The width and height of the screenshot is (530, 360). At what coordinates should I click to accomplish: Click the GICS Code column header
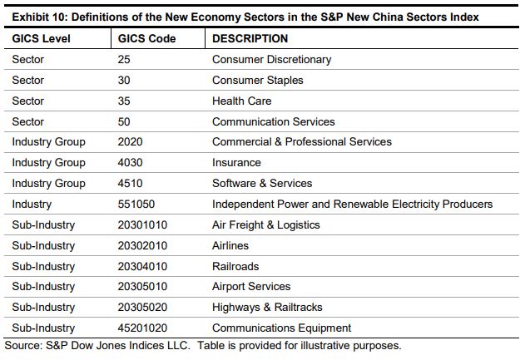click(x=147, y=39)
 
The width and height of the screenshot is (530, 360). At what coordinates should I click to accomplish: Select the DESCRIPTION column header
click(x=250, y=39)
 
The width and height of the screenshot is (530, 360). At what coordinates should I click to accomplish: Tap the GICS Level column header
click(x=42, y=39)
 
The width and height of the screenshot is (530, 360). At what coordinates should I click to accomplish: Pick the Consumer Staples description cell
click(x=258, y=81)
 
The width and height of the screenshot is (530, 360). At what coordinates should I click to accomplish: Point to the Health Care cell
click(x=241, y=101)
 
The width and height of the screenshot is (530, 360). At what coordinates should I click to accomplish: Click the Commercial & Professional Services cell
click(x=302, y=141)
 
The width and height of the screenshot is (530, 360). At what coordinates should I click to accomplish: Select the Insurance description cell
click(x=236, y=162)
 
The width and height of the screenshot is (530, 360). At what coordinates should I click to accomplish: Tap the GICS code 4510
click(x=131, y=183)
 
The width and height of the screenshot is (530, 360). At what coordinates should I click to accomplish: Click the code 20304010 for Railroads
click(x=143, y=266)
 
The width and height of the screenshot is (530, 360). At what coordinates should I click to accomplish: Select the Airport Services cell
click(x=251, y=287)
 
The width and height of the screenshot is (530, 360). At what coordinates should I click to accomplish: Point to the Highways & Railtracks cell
click(x=267, y=308)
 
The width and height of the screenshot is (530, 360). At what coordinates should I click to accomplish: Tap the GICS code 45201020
click(x=143, y=328)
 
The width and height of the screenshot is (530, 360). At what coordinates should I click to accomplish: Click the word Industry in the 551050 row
click(x=32, y=204)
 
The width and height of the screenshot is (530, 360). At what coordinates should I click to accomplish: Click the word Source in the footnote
click(x=21, y=345)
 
